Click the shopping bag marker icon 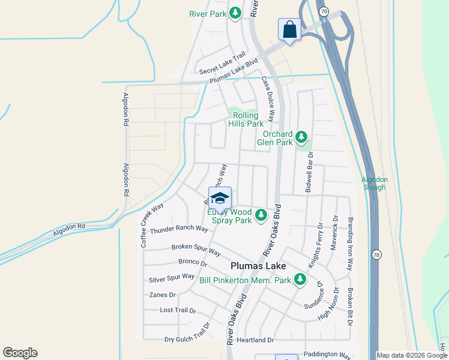tap(289, 29)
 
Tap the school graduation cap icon tap(220, 197)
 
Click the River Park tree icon tap(237, 13)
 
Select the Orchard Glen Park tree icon tap(301, 137)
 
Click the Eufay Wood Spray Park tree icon tap(261, 215)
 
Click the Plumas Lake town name tap(258, 266)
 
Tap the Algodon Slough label tap(375, 183)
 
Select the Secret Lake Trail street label tap(222, 63)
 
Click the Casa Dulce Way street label tap(267, 98)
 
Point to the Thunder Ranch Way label tap(179, 230)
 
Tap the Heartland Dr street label tap(255, 340)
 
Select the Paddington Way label tap(327, 355)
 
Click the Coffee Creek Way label tap(152, 225)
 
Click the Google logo tap(20, 353)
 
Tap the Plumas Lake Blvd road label tap(234, 71)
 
